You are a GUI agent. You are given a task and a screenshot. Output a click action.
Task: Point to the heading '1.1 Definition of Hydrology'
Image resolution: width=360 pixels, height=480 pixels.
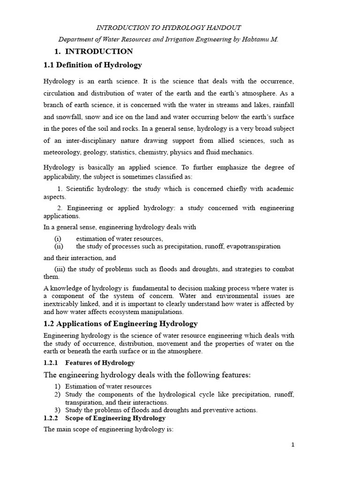click(x=93, y=65)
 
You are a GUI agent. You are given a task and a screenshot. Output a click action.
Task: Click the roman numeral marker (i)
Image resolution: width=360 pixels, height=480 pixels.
click(x=58, y=239)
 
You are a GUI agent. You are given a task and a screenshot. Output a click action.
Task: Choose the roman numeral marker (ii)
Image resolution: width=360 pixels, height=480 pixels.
click(x=59, y=246)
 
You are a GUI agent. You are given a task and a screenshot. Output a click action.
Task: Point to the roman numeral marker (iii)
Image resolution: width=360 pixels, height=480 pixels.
click(x=60, y=269)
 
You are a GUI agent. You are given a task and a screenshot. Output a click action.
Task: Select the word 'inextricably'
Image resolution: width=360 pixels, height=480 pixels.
click(x=64, y=304)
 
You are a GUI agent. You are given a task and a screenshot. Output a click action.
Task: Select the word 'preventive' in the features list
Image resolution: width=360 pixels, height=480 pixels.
click(x=206, y=410)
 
